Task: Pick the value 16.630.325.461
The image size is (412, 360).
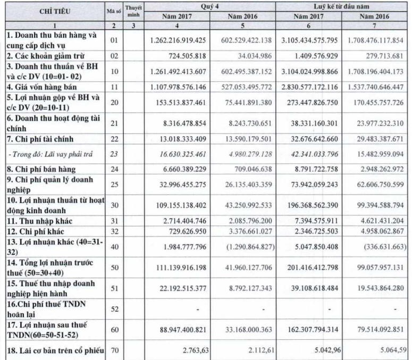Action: click(x=179, y=154)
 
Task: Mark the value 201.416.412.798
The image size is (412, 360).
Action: click(x=310, y=280)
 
